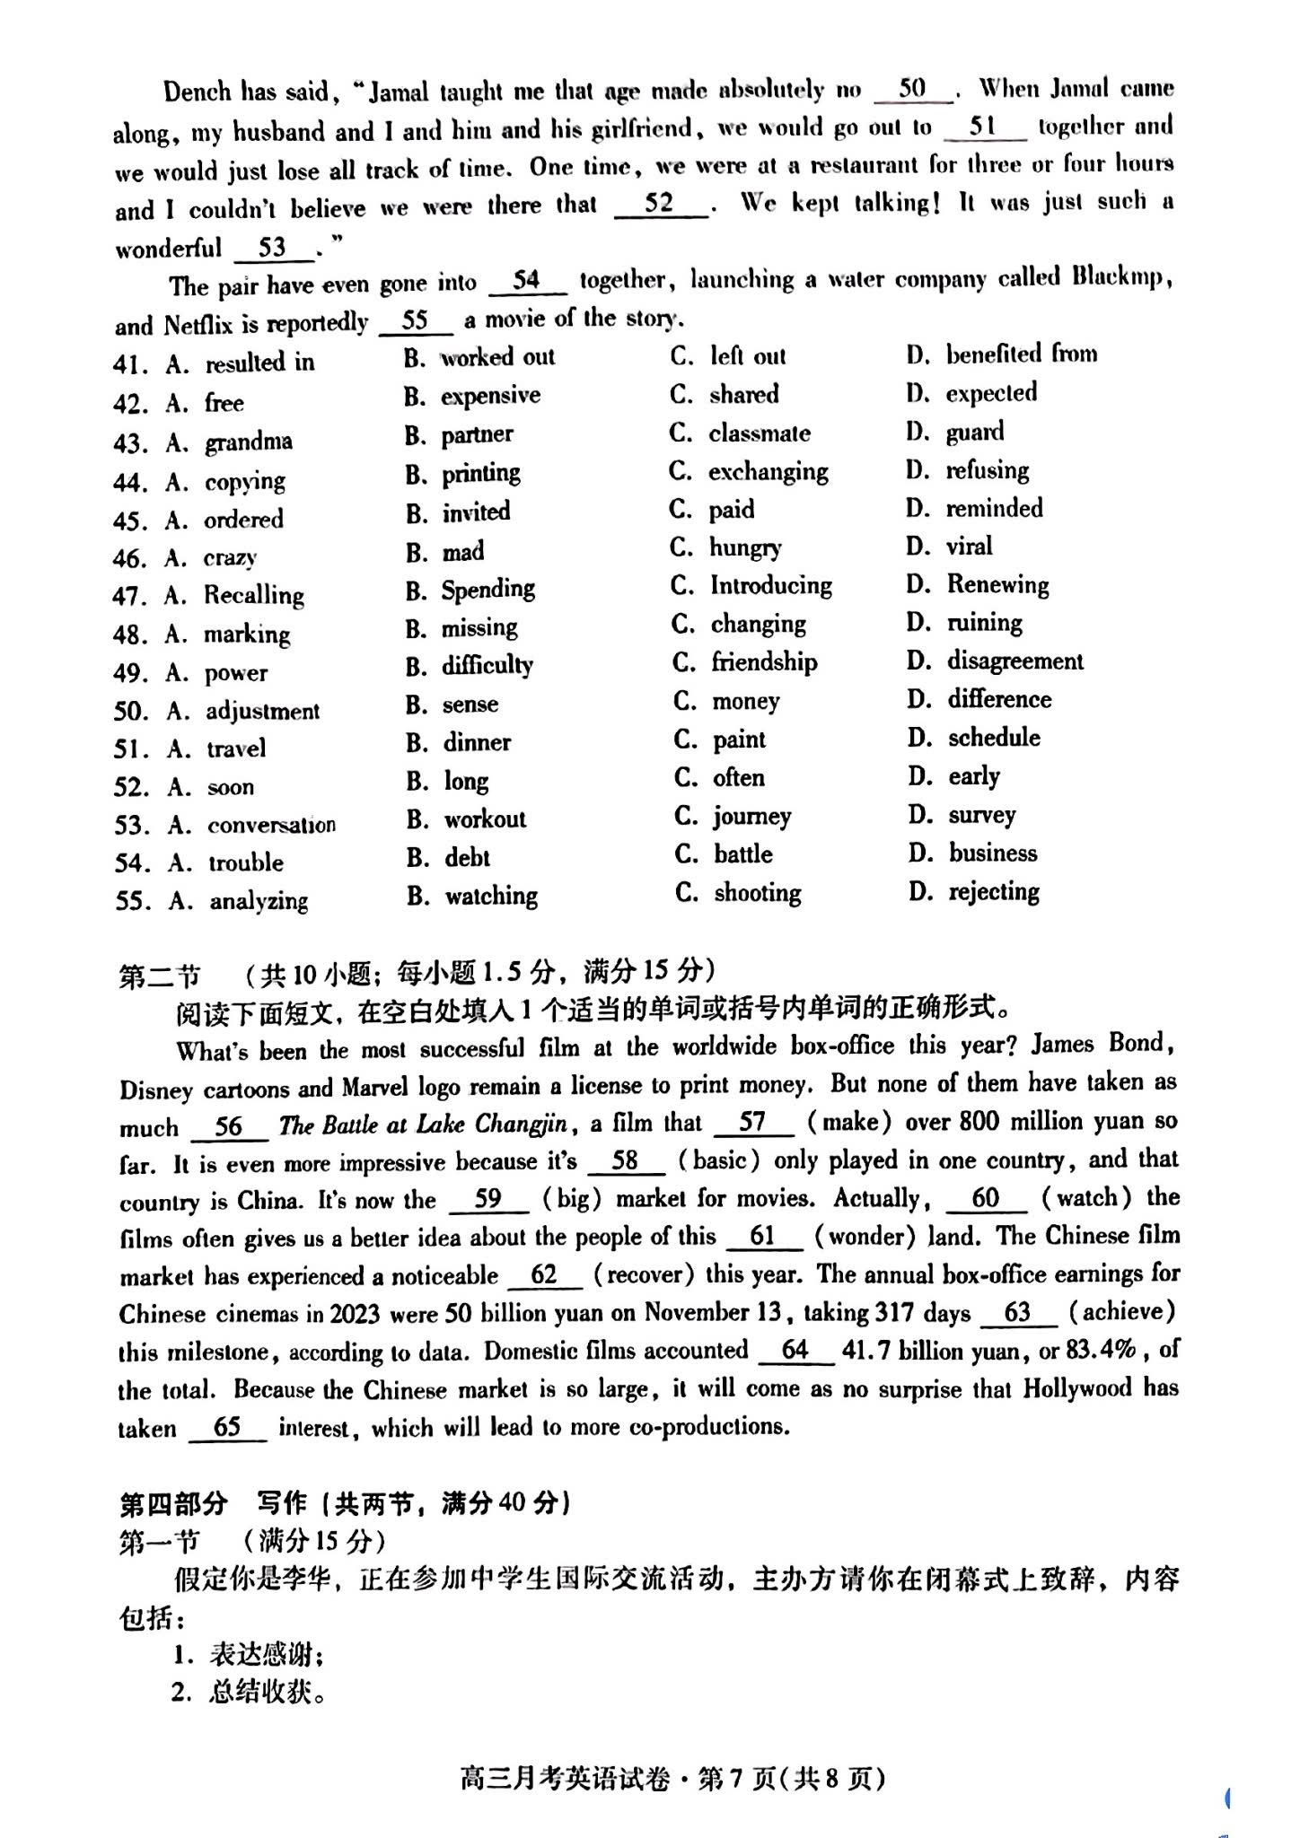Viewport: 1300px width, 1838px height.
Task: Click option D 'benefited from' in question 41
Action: click(x=1021, y=354)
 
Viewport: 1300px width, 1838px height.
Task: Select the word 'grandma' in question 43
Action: click(x=249, y=442)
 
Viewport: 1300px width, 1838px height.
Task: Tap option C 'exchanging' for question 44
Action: click(x=768, y=471)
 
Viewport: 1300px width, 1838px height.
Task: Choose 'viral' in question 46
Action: click(x=969, y=546)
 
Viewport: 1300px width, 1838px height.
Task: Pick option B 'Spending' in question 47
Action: click(x=487, y=590)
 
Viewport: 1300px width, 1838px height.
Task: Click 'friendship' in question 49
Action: click(x=764, y=662)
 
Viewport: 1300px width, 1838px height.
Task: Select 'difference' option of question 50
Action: click(x=999, y=699)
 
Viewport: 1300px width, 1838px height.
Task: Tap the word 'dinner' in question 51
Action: click(x=477, y=742)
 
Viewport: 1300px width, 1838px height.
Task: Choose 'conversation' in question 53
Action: click(x=271, y=825)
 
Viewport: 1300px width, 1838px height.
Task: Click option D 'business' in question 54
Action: click(x=993, y=853)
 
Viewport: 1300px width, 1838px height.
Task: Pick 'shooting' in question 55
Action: click(x=758, y=892)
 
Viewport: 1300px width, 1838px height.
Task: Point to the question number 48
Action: click(x=129, y=635)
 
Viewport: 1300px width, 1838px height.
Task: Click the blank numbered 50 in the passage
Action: click(x=912, y=89)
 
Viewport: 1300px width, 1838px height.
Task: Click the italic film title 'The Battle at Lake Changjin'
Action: click(x=423, y=1124)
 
